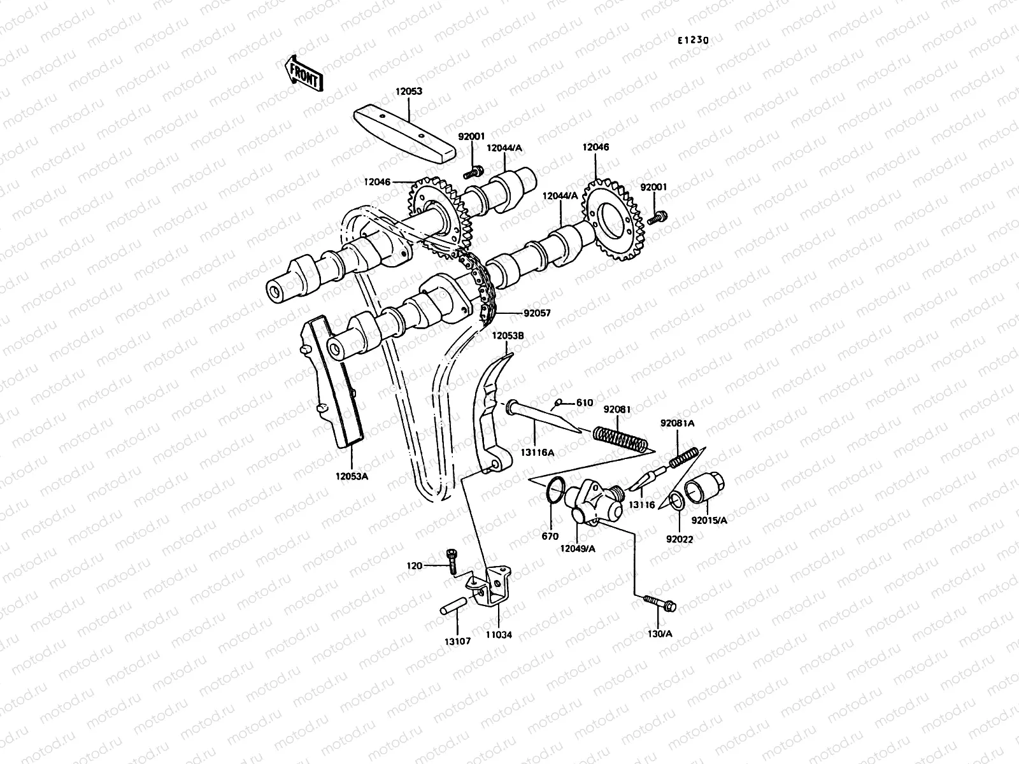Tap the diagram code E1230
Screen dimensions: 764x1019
692,40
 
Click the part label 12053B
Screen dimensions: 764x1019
508,336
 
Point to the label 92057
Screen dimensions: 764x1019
538,313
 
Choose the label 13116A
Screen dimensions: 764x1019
538,452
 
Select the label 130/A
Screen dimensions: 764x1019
659,633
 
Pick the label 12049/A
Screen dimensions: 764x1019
578,548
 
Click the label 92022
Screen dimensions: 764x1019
680,539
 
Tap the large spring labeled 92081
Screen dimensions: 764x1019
620,439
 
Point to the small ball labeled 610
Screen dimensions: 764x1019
558,402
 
